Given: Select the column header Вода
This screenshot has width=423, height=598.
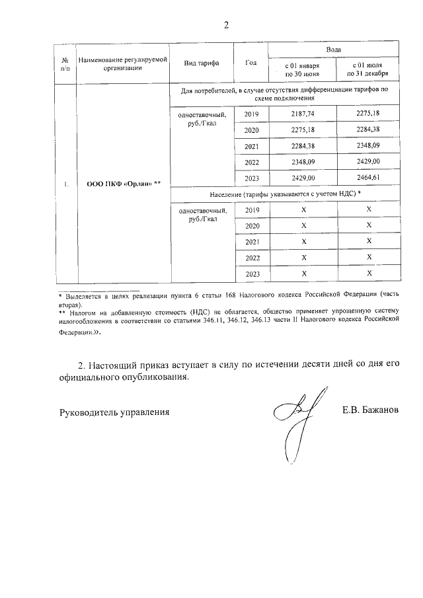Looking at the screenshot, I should coord(334,50).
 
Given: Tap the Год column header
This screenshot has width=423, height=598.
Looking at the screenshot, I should coord(250,63).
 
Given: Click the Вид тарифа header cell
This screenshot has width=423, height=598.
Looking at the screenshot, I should coord(202,63).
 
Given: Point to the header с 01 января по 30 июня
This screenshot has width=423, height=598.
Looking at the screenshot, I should coord(301,70).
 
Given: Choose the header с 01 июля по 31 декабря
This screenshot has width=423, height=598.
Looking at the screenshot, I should coord(368,70).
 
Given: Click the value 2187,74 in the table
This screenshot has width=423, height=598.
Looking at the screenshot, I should coord(303,114).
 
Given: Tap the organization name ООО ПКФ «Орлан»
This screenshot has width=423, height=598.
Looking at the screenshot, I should coord(124,184).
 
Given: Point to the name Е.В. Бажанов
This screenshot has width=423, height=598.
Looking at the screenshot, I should coord(371,412).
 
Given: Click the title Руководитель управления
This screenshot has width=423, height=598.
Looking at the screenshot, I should coord(114,412).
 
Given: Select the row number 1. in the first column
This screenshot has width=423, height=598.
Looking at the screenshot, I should coord(67,184).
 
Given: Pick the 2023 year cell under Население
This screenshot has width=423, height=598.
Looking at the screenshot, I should coord(251,274).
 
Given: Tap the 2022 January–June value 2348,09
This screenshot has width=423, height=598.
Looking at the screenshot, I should coord(303,162).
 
